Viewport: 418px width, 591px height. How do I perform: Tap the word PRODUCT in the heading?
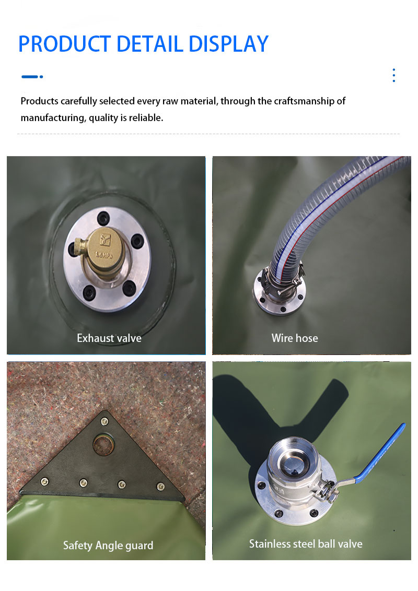(x=64, y=44)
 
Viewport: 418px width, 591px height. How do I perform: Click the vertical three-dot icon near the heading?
(x=394, y=75)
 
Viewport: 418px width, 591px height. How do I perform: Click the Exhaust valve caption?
(x=109, y=338)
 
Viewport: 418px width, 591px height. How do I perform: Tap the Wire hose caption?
(x=295, y=338)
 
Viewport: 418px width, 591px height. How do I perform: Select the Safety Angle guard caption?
(x=108, y=546)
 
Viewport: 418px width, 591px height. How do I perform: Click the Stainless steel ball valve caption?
(x=306, y=544)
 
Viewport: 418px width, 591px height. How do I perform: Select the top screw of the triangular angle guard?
(x=104, y=421)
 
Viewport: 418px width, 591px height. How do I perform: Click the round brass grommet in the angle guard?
(x=103, y=444)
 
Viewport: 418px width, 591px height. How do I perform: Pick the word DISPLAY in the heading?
(x=229, y=44)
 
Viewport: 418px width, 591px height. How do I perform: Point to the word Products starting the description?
(x=40, y=101)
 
